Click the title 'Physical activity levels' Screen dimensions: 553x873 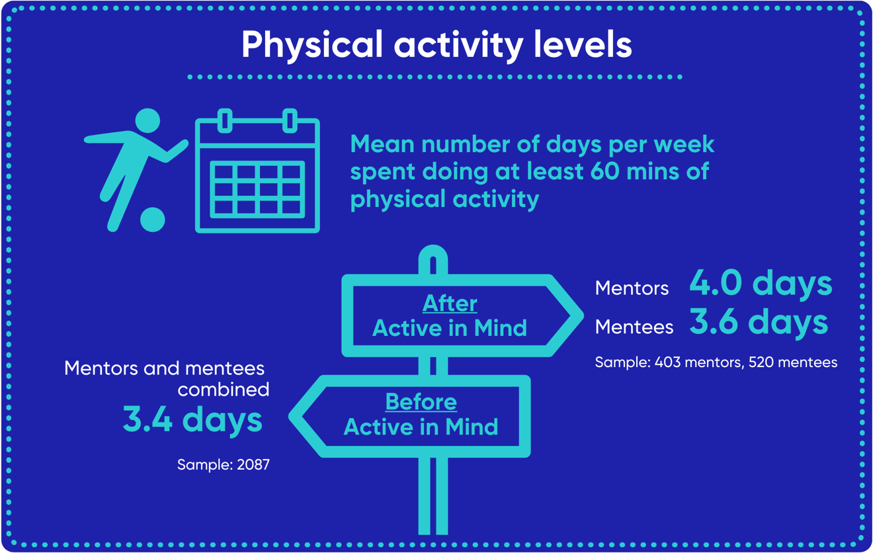436,45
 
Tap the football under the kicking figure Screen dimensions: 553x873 153,220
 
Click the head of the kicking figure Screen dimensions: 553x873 147,121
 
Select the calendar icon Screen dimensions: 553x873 257,175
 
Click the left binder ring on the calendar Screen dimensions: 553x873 225,121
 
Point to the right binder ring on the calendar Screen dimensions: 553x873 289,121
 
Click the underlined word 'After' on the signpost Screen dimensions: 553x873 450,303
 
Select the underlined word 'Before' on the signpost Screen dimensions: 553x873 421,402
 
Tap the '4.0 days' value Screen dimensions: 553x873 761,282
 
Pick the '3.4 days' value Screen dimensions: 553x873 192,419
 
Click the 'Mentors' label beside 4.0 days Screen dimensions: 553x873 632,288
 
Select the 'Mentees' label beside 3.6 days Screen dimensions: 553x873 634,327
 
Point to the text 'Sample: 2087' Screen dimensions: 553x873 224,465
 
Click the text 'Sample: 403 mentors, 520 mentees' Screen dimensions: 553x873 716,362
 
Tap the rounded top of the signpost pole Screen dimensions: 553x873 433,254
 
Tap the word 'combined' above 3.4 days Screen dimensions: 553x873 224,390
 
